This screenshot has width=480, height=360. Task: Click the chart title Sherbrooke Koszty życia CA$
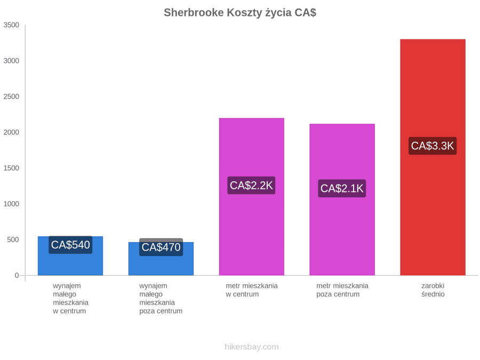coord(240,13)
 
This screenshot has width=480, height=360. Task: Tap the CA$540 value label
coord(70,245)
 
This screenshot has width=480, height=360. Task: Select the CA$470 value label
coord(161,247)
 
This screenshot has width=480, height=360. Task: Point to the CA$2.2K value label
coord(251,185)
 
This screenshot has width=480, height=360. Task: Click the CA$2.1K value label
coord(342,188)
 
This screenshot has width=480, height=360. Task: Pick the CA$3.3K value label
coord(433,146)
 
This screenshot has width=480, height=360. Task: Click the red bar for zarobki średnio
coord(433,157)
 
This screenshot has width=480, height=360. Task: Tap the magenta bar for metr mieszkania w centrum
coord(252,196)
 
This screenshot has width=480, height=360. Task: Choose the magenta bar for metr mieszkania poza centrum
coord(342,199)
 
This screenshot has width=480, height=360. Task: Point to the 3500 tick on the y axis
coord(11,25)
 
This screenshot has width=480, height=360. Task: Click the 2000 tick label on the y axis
coord(11,132)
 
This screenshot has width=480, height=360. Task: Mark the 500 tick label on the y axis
coord(13,239)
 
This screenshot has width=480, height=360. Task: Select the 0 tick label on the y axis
coord(17,276)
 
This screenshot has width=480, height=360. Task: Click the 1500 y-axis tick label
coord(11,168)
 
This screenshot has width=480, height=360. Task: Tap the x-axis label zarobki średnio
coord(433,290)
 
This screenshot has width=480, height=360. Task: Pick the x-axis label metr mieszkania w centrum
coord(252,290)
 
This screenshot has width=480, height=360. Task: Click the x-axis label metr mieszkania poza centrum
coord(342,290)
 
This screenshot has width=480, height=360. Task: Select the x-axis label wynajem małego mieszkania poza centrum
coord(161,299)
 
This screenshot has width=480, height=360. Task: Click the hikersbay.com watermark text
coord(252,347)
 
